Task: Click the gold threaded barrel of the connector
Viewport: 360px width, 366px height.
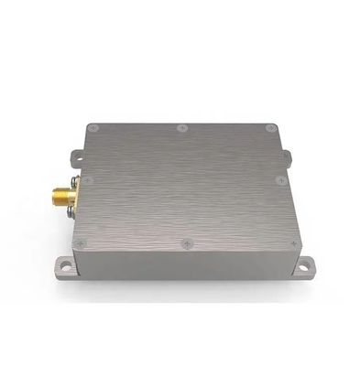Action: [x=49, y=194]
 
